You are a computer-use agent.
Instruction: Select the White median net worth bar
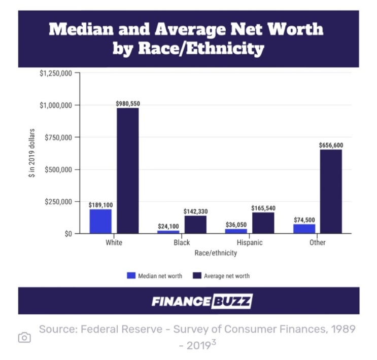point(100,221)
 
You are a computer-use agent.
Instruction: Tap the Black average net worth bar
point(195,225)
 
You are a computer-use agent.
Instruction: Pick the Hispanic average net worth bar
point(263,223)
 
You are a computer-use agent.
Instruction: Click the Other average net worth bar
point(331,191)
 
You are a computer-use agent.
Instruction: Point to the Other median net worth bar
point(304,229)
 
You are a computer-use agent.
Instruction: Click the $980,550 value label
point(128,103)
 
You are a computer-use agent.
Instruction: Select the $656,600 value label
point(331,145)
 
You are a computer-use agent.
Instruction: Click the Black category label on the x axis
point(182,243)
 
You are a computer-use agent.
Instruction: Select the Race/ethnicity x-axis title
point(216,253)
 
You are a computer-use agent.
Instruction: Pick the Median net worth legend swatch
point(131,276)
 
